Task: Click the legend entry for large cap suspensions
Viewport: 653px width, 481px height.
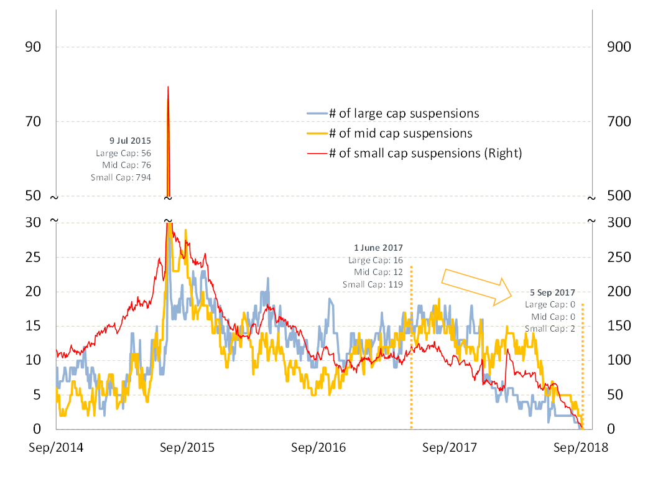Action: tap(393, 113)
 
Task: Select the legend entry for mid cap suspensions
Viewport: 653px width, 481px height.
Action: tap(390, 133)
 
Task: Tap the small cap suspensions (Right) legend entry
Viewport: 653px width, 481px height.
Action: tap(414, 154)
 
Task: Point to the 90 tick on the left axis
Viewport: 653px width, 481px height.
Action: tap(33, 47)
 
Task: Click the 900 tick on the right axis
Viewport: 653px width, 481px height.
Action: tap(619, 47)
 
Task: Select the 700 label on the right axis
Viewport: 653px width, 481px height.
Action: tap(619, 122)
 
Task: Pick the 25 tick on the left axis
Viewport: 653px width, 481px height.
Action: tap(33, 257)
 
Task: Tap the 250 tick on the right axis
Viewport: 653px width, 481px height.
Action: tap(619, 257)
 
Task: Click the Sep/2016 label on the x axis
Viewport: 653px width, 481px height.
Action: tap(318, 447)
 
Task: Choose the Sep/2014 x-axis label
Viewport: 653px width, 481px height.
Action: tap(56, 447)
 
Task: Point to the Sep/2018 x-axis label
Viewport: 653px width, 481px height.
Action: tap(581, 447)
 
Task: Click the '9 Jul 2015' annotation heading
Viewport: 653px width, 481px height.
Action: tap(130, 141)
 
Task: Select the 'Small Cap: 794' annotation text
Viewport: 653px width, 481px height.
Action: tap(121, 177)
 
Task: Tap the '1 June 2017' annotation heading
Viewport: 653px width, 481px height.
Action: tap(379, 248)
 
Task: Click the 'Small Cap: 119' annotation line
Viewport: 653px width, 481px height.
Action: tap(373, 285)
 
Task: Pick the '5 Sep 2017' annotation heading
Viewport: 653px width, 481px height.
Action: tap(552, 292)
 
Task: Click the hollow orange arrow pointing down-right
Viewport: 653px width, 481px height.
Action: tap(476, 287)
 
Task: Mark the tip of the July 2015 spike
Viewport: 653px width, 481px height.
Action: tap(168, 86)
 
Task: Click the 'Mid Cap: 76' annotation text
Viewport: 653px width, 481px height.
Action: tap(127, 166)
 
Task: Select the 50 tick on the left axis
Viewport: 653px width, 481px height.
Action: tap(33, 195)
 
